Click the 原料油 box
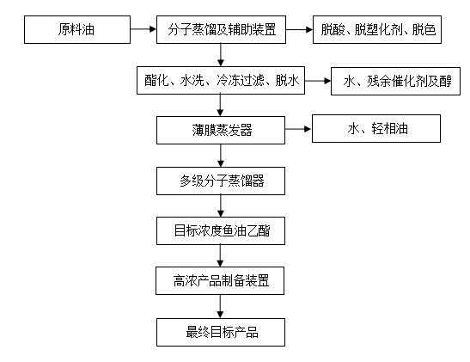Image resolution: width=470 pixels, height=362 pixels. pos(77,30)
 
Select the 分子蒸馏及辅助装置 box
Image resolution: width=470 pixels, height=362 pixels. pos(221,30)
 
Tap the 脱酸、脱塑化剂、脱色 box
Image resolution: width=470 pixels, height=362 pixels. pos(377,30)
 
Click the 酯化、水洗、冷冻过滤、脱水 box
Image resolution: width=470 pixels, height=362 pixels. pos(221,80)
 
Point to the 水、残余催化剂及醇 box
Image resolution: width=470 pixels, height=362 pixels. pos(395,82)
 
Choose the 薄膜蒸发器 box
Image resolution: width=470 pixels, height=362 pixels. pos(221,130)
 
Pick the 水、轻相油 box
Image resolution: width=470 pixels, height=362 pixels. pos(376,128)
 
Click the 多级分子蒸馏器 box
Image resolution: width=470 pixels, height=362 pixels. pos(221,181)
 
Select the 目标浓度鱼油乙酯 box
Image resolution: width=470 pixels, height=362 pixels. pos(221,231)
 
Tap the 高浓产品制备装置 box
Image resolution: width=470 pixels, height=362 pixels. pos(220,280)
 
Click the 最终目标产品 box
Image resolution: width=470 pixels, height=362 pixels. pos(221,332)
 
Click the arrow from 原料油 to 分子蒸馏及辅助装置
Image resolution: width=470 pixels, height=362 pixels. pos(143,29)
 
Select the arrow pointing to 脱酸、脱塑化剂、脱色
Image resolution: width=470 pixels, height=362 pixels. pos(300,29)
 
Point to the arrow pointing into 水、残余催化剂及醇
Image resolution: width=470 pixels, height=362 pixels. pos(318,81)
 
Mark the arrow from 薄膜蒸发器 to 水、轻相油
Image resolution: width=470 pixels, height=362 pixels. pos(298,129)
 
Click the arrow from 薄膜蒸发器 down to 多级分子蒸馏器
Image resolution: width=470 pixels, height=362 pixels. pos(221,156)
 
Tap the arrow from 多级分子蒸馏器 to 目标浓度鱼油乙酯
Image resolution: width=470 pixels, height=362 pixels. pos(221,206)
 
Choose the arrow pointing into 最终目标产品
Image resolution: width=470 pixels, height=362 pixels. pos(220,306)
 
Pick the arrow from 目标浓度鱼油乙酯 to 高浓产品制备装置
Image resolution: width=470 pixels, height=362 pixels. pos(220,256)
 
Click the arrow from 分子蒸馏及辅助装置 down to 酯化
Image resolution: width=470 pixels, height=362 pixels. pos(221,55)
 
